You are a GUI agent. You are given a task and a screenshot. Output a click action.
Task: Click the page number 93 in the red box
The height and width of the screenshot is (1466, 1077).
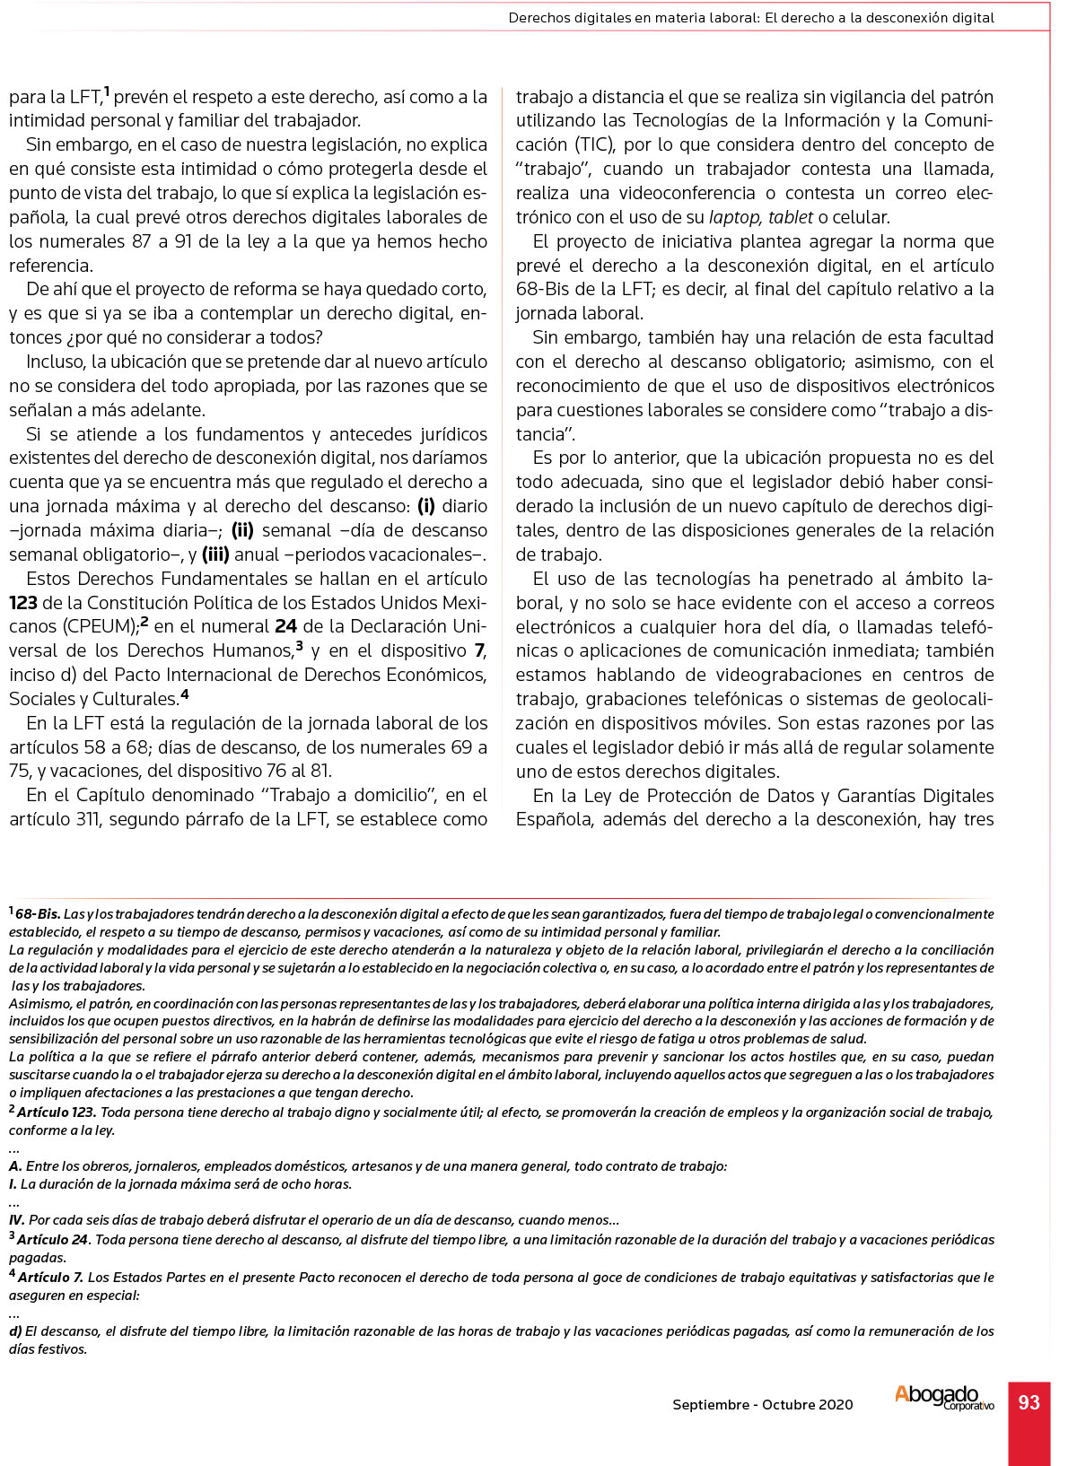(1029, 1402)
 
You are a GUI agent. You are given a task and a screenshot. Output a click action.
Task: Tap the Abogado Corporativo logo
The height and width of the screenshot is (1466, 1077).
(943, 1398)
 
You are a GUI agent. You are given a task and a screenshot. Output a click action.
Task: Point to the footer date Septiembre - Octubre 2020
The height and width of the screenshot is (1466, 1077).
(763, 1404)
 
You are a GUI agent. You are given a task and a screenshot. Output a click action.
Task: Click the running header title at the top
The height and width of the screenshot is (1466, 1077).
(750, 17)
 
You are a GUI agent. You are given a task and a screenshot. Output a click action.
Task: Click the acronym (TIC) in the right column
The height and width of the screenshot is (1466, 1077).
(591, 144)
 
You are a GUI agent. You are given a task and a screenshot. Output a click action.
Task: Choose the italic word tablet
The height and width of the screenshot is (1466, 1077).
(791, 217)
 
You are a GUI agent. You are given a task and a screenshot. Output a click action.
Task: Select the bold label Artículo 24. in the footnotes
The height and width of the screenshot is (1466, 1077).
(53, 1240)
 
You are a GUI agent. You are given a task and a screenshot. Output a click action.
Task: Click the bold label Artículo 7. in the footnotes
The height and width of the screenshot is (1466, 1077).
(50, 1277)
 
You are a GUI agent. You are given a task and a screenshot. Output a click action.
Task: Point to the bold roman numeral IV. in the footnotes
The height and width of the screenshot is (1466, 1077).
(17, 1220)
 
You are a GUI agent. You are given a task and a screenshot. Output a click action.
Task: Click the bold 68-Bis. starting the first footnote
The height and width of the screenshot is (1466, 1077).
(38, 914)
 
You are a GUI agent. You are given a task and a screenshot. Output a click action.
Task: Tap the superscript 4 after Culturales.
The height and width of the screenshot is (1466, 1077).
(184, 694)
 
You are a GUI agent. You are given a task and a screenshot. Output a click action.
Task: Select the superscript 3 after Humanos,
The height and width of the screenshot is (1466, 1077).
(299, 645)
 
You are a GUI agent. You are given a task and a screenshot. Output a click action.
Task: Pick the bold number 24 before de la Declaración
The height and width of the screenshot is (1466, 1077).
(285, 626)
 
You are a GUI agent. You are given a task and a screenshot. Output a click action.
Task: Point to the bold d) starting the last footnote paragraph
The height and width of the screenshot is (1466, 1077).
(15, 1331)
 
